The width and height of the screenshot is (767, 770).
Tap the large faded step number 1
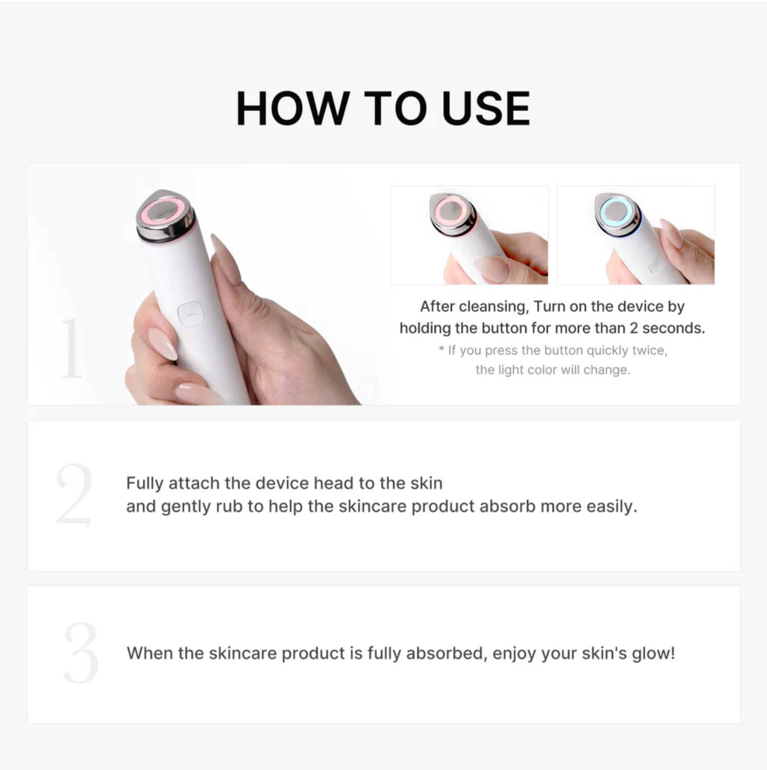[71, 348]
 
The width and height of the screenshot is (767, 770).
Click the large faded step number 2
[74, 495]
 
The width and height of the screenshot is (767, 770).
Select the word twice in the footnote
[649, 350]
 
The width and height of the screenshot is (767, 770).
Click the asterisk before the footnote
[441, 349]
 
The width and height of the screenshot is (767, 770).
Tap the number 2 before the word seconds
[634, 328]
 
